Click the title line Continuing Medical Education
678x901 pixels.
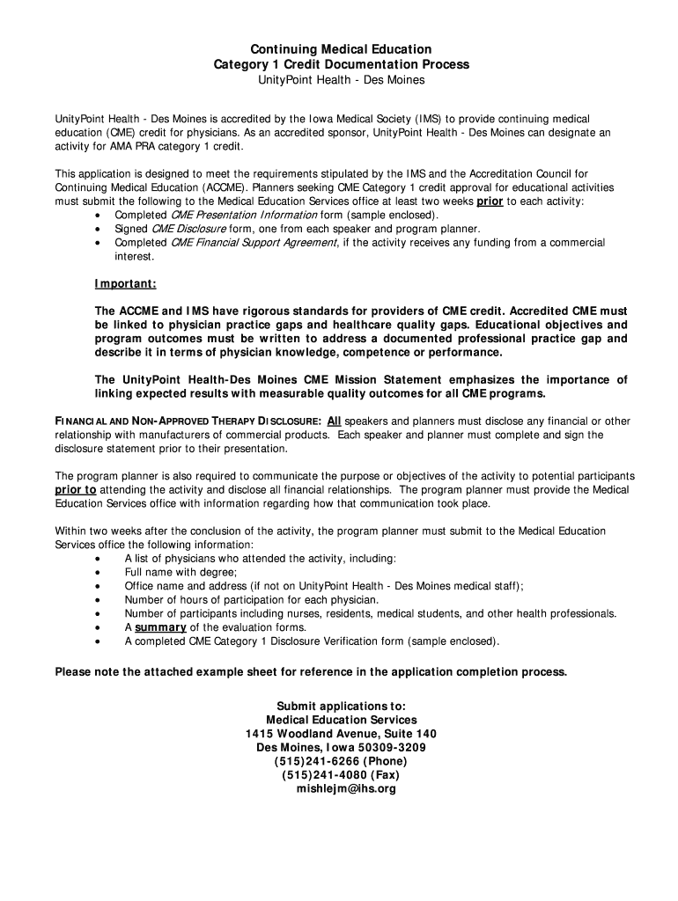pos(341,49)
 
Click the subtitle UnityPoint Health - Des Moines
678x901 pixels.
pos(341,80)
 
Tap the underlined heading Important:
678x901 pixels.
pos(126,283)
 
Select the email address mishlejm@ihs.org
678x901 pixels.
pos(341,789)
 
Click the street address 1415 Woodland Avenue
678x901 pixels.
pos(310,733)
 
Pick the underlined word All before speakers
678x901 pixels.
pos(335,421)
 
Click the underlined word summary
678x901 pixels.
pos(160,627)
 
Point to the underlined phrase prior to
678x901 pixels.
pos(76,490)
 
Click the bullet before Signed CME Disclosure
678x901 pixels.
pos(96,229)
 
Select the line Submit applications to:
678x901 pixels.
pos(341,706)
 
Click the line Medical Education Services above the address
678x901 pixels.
pos(341,720)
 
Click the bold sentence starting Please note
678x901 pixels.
pos(312,672)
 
